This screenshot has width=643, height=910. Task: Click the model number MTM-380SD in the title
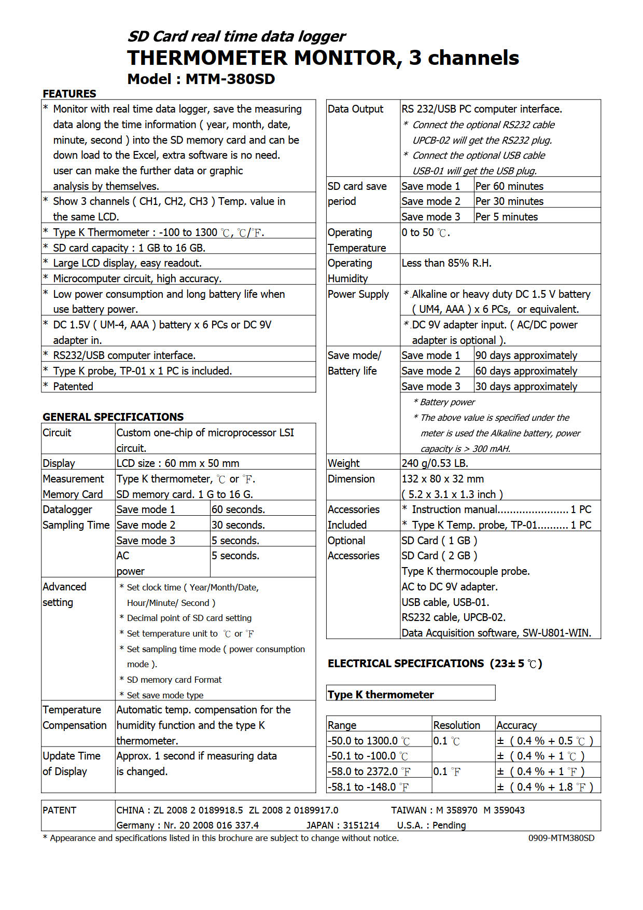coord(230,79)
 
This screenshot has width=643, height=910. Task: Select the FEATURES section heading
coord(69,94)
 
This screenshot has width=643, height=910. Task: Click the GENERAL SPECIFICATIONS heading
coord(113,417)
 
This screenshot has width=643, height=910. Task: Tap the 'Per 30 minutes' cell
coord(509,201)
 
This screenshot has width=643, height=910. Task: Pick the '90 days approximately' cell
coord(526,355)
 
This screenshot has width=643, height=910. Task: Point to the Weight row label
coord(343,463)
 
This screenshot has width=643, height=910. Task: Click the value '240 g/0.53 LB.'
coord(435,463)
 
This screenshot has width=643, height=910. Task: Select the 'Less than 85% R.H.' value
coord(446,263)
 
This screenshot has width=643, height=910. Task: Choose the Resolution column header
coord(456,725)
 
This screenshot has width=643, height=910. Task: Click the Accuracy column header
coord(516,725)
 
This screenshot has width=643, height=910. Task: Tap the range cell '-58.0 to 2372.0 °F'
coord(368,771)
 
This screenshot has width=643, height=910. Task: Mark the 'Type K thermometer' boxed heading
coord(381,695)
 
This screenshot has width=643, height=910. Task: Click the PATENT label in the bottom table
coord(60,810)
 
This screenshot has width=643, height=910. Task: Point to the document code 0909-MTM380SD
coord(561,838)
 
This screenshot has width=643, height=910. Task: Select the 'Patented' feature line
coord(73,387)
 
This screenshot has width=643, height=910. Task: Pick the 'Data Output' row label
coord(355,109)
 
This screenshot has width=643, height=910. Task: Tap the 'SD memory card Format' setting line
coord(174,680)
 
